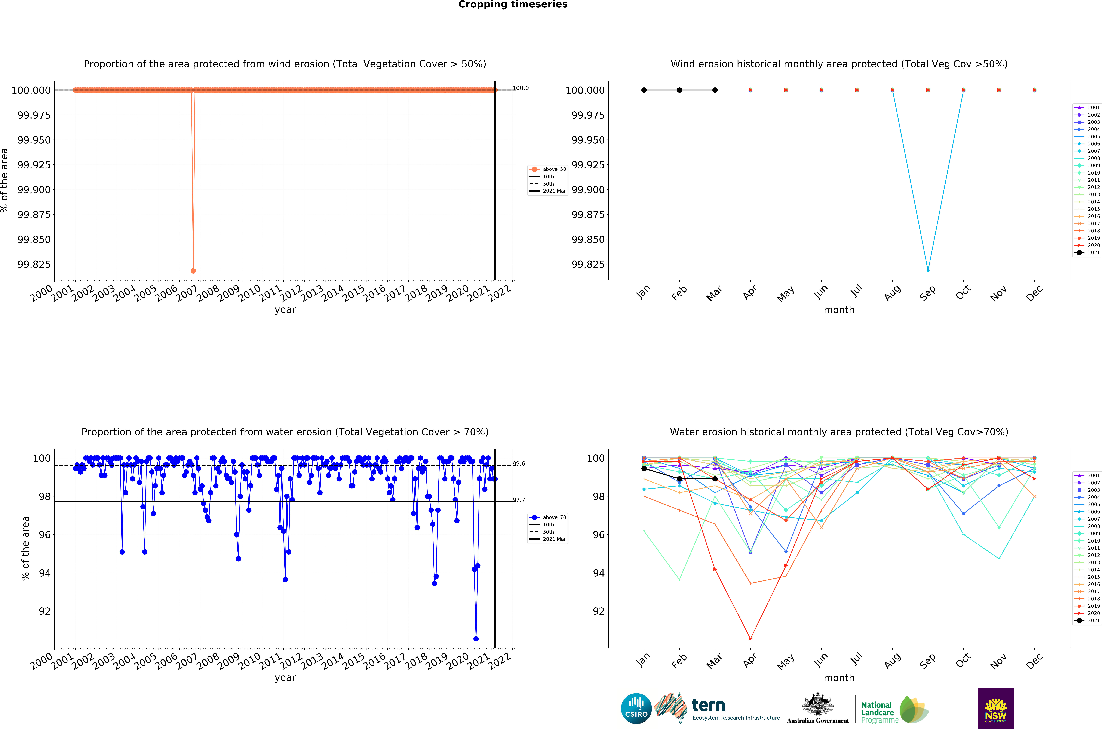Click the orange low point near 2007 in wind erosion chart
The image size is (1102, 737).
pos(193,271)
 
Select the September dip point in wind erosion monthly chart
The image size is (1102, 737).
pos(928,270)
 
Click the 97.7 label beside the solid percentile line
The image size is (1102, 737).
pos(519,500)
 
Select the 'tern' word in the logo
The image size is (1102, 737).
pos(708,706)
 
